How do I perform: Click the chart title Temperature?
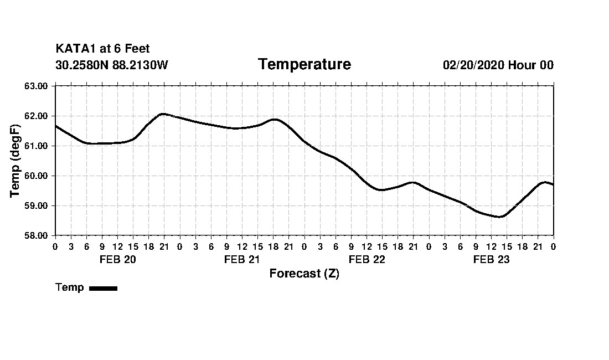tap(304, 64)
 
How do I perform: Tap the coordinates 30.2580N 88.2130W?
tap(111, 65)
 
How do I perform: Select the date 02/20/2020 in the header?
tap(473, 65)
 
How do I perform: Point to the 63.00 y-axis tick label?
tap(37, 86)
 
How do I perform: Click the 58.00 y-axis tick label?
tap(37, 235)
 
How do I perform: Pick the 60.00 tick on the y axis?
tap(37, 176)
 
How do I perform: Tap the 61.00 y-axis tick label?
tap(37, 146)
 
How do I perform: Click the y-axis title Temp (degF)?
tap(15, 161)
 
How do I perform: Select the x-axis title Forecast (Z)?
tap(304, 274)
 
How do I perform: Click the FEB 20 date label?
tap(117, 259)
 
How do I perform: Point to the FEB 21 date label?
tap(242, 259)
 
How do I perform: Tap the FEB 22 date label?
tap(367, 259)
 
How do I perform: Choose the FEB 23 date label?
tap(491, 259)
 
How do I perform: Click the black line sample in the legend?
tap(103, 288)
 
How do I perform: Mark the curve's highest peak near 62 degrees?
tap(162, 114)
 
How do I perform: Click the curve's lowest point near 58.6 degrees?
tap(499, 217)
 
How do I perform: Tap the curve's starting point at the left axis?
tap(55, 126)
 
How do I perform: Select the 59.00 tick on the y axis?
tap(37, 205)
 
